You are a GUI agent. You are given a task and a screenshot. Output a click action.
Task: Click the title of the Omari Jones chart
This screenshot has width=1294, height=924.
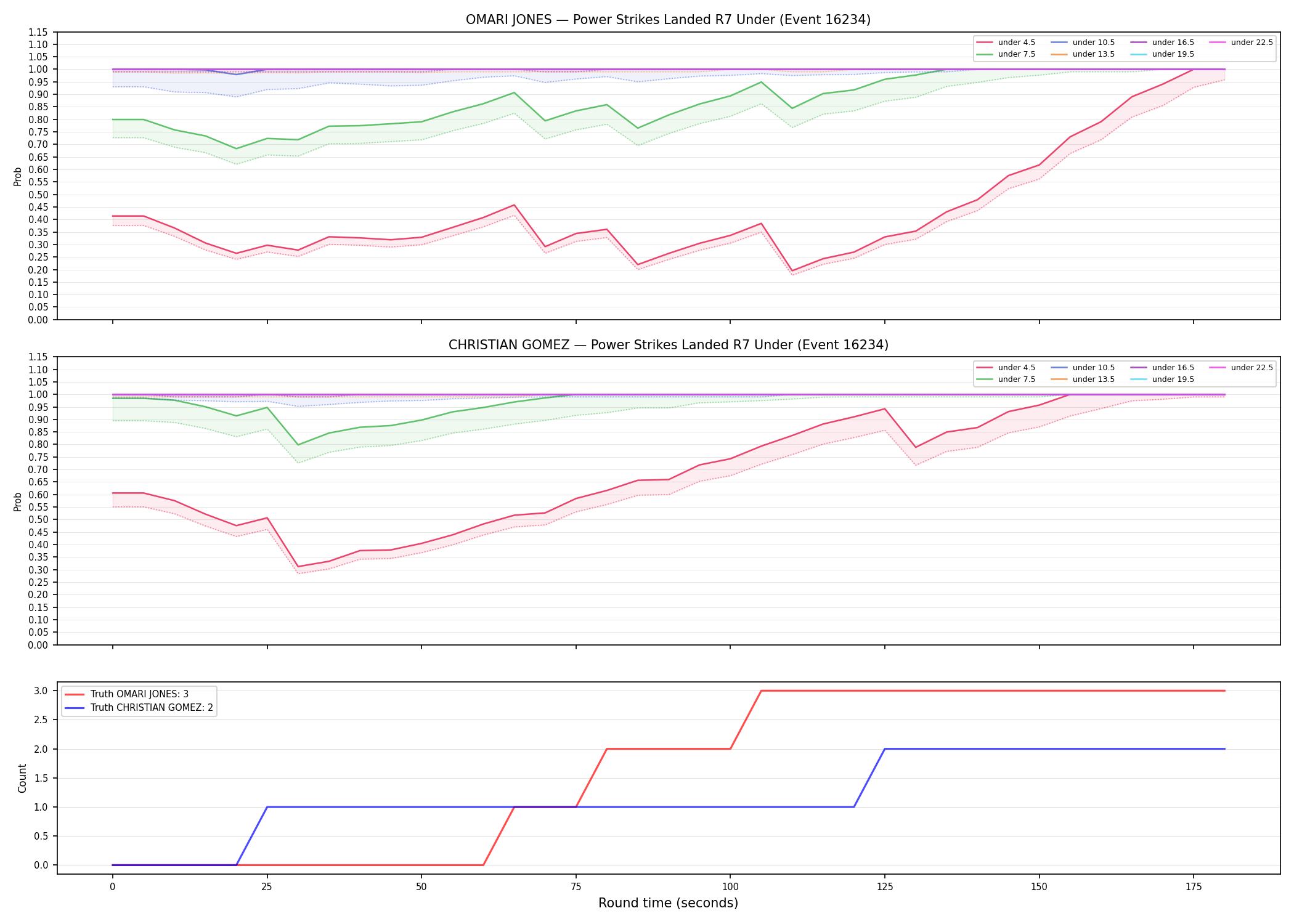pyautogui.click(x=668, y=20)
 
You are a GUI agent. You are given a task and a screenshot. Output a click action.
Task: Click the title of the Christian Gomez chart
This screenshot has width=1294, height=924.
pyautogui.click(x=668, y=345)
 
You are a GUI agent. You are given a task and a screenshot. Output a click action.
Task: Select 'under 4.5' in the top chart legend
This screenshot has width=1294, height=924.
pyautogui.click(x=1017, y=43)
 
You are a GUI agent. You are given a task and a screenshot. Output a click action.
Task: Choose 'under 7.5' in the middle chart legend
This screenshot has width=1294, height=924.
pyautogui.click(x=1017, y=379)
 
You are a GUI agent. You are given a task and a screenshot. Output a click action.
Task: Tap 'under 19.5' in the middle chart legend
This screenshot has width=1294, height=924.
pyautogui.click(x=1173, y=379)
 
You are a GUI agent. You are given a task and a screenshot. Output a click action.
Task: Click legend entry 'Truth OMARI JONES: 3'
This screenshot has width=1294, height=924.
pyautogui.click(x=139, y=694)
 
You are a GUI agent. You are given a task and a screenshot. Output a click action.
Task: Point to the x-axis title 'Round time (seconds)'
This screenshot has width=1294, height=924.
pyautogui.click(x=668, y=903)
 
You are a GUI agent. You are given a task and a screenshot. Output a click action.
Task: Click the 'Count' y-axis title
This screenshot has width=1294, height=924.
pyautogui.click(x=23, y=778)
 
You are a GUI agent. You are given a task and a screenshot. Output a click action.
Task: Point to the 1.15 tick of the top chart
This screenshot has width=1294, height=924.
pyautogui.click(x=39, y=32)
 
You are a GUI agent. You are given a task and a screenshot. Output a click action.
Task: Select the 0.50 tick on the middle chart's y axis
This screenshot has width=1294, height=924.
pyautogui.click(x=39, y=519)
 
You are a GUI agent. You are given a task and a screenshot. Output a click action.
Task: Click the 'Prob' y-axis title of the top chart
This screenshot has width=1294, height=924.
pyautogui.click(x=18, y=176)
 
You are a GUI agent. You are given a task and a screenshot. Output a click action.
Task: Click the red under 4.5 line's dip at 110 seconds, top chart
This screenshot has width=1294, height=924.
pyautogui.click(x=792, y=270)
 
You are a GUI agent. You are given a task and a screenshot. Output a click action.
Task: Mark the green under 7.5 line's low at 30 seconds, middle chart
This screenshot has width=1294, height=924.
pyautogui.click(x=298, y=445)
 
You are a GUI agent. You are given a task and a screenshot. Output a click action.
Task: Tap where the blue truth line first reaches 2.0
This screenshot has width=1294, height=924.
pyautogui.click(x=885, y=749)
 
